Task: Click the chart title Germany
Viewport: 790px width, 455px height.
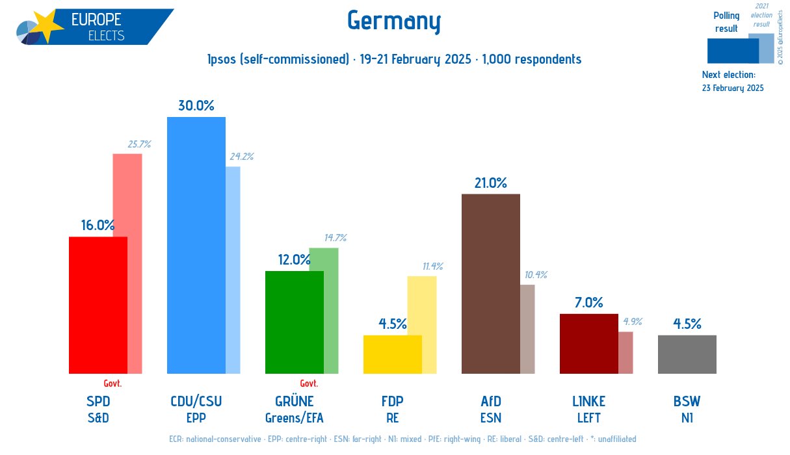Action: [394, 21]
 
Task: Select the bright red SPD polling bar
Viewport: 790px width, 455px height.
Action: [98, 305]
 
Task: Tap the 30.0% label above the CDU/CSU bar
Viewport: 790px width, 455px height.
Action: [196, 105]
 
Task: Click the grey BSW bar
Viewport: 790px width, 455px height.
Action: [687, 354]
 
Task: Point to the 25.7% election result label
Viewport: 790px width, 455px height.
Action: [139, 144]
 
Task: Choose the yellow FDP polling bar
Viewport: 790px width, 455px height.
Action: [392, 354]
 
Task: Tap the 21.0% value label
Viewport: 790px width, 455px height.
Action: [490, 183]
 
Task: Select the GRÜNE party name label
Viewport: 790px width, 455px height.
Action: [294, 401]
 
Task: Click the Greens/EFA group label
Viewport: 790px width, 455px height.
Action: [294, 417]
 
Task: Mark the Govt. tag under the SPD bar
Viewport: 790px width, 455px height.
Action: [112, 383]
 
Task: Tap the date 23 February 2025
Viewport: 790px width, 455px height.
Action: [733, 88]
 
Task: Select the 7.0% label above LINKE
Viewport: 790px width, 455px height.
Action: [588, 302]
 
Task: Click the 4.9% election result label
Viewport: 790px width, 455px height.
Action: [633, 322]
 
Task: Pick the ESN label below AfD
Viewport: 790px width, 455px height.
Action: [490, 417]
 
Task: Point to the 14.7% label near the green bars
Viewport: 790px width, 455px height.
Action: [335, 238]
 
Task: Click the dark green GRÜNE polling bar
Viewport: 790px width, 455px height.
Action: [294, 322]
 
